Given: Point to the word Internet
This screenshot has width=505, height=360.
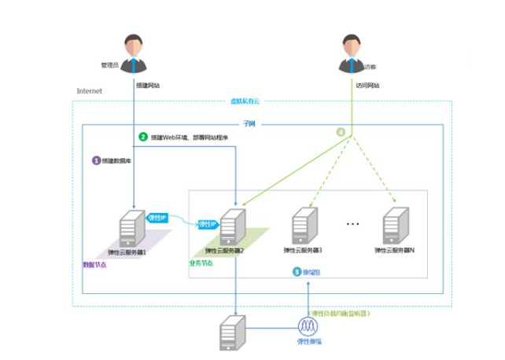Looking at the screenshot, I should pos(89,91).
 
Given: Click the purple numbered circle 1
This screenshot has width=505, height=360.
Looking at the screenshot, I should pos(97,160).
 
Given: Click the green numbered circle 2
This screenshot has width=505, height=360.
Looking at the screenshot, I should pos(143,137).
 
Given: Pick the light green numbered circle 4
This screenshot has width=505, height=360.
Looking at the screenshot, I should pos(341,132).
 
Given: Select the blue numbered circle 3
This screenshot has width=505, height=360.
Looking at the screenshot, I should pos(297,271).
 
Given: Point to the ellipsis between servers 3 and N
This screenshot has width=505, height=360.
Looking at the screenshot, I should pos(352,225).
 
